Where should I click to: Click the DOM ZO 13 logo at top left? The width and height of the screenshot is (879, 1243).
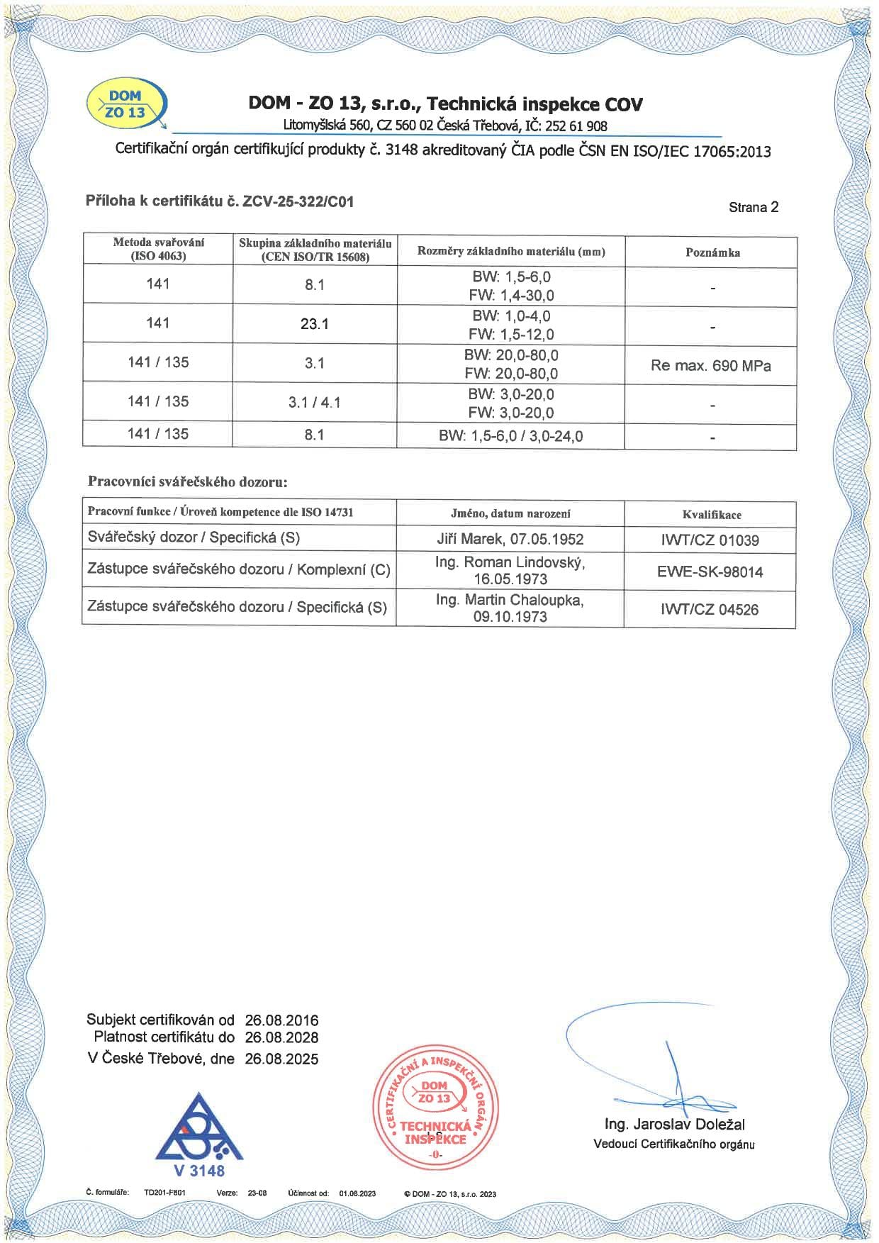[126, 104]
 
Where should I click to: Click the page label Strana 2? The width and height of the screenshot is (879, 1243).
[753, 207]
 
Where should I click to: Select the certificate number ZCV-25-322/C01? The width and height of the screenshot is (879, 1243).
[298, 201]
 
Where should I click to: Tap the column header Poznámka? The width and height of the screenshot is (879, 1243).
[712, 252]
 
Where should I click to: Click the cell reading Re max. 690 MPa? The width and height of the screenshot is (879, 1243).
[710, 366]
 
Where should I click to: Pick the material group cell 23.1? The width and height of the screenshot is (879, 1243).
[314, 324]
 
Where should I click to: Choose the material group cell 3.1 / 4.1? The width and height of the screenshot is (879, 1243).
[314, 402]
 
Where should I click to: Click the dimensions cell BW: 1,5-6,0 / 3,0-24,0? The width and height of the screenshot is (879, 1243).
[510, 436]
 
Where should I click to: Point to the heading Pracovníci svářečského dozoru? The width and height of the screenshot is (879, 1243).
[187, 481]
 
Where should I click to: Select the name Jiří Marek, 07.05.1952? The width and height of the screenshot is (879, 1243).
[510, 539]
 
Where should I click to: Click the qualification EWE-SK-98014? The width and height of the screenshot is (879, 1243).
[710, 572]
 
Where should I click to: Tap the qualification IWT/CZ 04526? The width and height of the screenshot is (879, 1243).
[710, 609]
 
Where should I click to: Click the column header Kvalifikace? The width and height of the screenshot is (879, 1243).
[712, 515]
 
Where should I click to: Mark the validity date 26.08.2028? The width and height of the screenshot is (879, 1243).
[281, 1037]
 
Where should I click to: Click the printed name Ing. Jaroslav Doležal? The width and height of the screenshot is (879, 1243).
[674, 1124]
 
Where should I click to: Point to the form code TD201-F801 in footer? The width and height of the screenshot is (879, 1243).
[164, 1193]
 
